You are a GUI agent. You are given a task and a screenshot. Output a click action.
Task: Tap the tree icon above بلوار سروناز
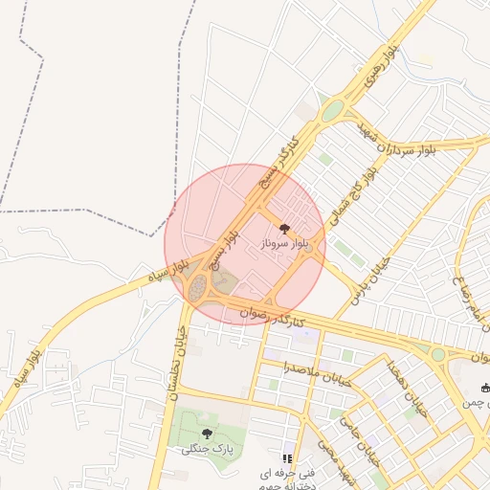(283, 228)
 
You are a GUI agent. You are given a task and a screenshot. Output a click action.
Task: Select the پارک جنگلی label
(207, 449)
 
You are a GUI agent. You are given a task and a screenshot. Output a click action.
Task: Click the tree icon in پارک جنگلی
(207, 434)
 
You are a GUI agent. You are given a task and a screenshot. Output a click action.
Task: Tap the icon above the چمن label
(485, 388)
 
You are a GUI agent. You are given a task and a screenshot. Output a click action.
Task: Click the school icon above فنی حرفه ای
(286, 458)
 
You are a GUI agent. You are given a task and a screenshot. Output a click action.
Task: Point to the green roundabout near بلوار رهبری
(332, 112)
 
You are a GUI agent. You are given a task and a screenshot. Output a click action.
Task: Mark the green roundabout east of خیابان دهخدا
(437, 354)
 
